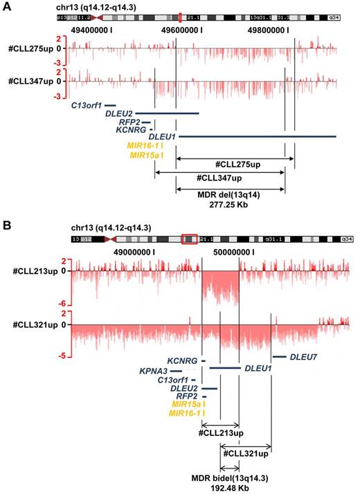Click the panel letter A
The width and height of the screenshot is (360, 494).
pos(7,6)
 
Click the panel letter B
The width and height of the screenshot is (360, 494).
pos(7,226)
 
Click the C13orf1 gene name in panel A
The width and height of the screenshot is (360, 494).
pos(87,105)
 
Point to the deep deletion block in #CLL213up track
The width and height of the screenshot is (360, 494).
pos(220,285)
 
